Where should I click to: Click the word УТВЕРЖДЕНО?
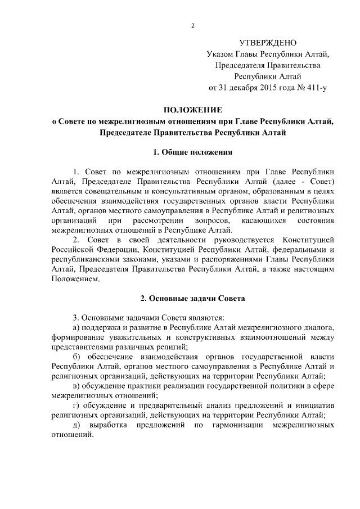[x=268, y=43]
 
